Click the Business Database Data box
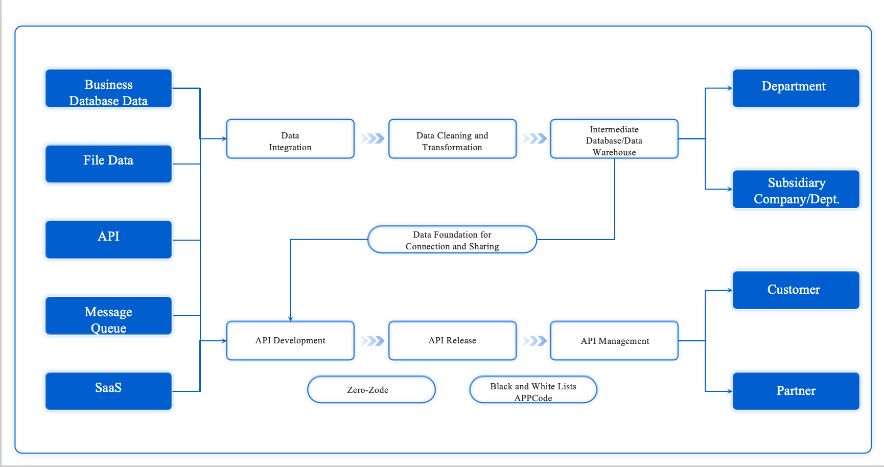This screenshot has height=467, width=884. pos(108,88)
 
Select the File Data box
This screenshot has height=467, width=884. pos(108,164)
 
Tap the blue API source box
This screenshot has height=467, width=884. pos(108,240)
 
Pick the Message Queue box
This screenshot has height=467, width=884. pos(108,316)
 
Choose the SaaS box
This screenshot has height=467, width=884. pos(108,391)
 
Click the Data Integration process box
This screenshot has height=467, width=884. pos(290,139)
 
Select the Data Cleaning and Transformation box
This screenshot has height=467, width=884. pos(452,139)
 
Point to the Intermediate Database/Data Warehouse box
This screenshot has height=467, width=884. pos(614,139)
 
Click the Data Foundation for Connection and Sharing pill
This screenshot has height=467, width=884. pos(452,240)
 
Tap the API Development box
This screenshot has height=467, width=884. pos(290,341)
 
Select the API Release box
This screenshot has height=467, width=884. pos(452,341)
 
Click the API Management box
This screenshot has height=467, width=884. pos(614,341)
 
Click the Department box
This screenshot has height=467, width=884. pos(796,88)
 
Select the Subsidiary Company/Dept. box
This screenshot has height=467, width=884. pos(796,190)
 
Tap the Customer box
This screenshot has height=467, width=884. pos(796,290)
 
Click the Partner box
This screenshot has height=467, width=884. pos(796,391)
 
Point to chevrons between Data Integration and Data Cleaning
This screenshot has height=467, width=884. pos(372,138)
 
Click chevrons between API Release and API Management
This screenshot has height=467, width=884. pos(534,341)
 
